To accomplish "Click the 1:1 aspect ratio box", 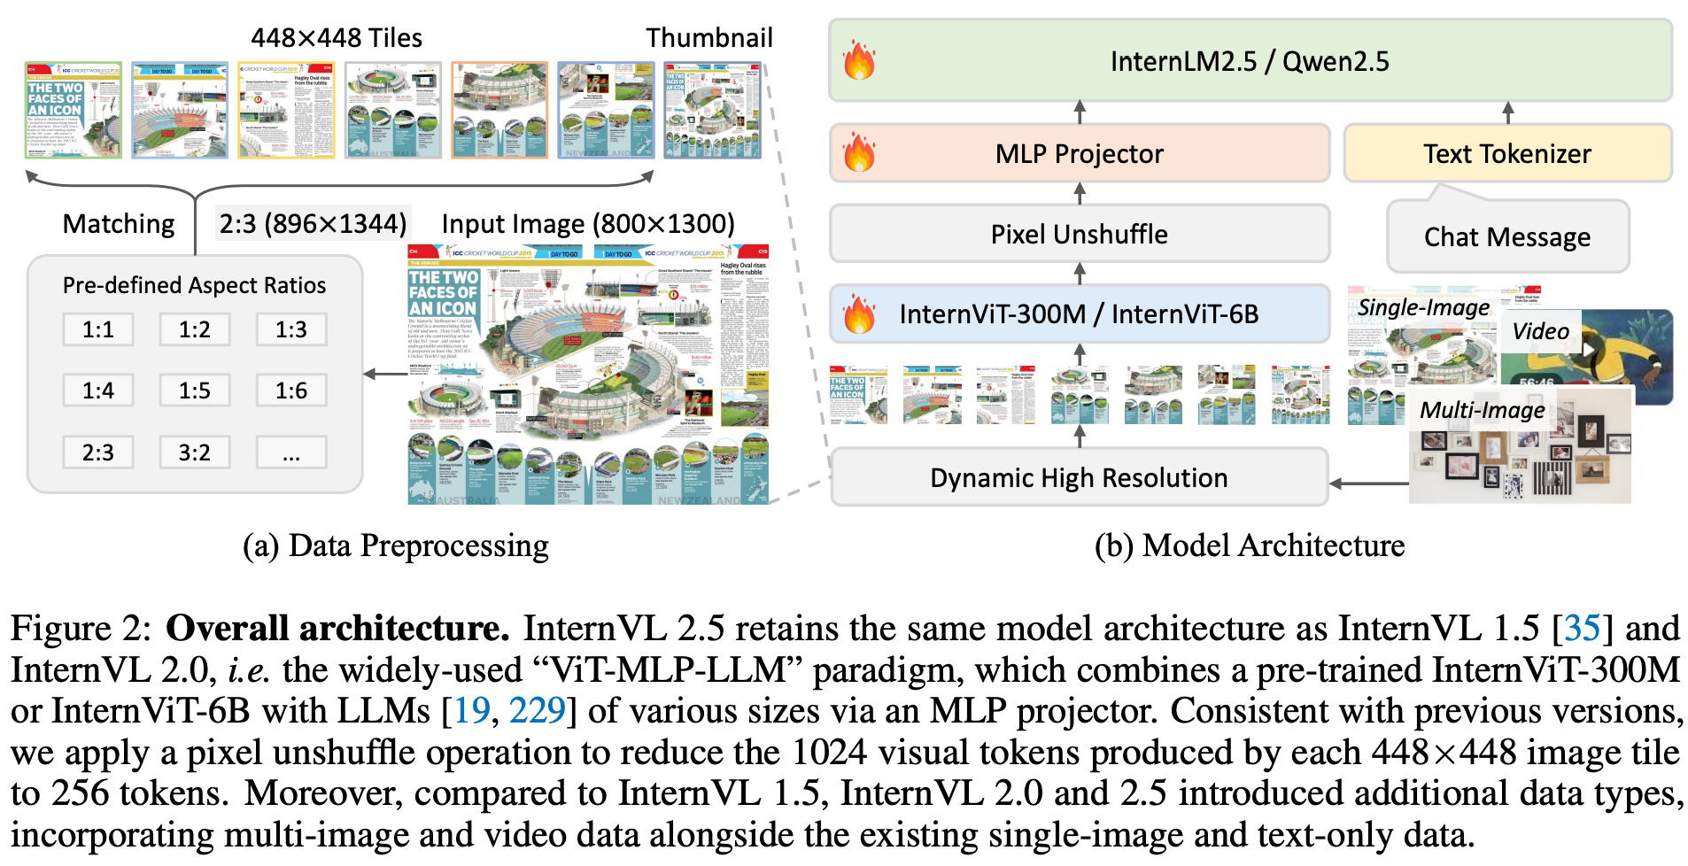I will click(x=98, y=329).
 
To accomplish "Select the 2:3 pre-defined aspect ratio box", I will click(x=98, y=452).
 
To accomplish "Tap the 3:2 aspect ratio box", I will click(x=195, y=452).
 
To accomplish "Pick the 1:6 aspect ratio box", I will click(x=291, y=390).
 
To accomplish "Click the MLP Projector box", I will click(x=1079, y=154).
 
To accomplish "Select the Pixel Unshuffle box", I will click(x=1079, y=235).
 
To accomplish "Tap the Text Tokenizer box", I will click(x=1506, y=154).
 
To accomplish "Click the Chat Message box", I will click(x=1506, y=237).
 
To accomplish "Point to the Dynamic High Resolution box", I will click(x=1079, y=478).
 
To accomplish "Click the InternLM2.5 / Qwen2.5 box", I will click(x=1249, y=61).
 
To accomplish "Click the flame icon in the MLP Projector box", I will click(x=859, y=153).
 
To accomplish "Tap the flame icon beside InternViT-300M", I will click(x=859, y=314).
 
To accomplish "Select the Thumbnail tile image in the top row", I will click(x=712, y=111).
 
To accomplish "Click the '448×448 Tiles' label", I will click(x=337, y=38).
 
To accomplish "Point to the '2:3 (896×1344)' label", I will click(x=313, y=223).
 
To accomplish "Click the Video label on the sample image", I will click(x=1540, y=331).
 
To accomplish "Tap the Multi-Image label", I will click(x=1482, y=410).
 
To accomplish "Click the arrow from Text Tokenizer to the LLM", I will click(x=1507, y=112).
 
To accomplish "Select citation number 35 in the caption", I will click(x=1582, y=629).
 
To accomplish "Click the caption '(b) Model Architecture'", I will click(x=1249, y=545).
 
